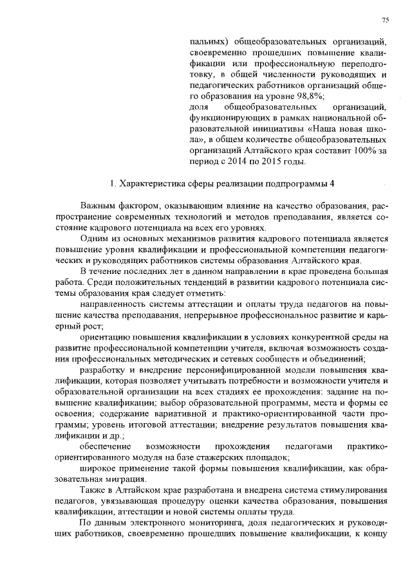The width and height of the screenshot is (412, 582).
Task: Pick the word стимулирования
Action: [356, 490]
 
